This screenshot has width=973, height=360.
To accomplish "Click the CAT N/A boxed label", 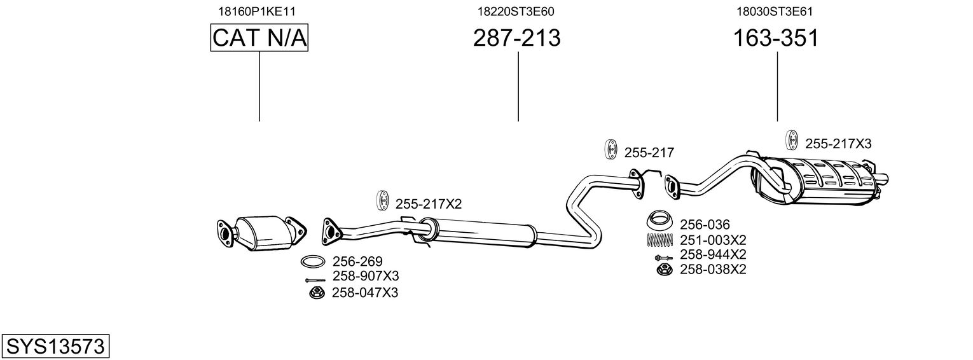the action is click(x=259, y=38).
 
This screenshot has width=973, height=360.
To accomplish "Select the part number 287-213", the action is click(x=517, y=38).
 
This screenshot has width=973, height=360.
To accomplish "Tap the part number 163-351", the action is click(x=776, y=38).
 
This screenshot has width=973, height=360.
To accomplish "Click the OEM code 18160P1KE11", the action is click(x=257, y=11).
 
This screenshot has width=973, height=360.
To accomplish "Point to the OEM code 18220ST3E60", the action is click(x=516, y=11).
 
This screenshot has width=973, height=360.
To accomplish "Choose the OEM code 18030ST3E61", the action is click(x=775, y=11).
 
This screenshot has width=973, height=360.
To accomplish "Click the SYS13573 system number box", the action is click(x=55, y=346).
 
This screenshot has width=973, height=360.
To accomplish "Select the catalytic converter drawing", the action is click(x=262, y=233).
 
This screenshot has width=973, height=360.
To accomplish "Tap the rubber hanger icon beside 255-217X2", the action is click(x=382, y=200).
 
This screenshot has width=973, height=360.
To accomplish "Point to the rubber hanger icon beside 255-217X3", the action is click(x=792, y=141).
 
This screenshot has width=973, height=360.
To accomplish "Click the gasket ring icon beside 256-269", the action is click(x=313, y=262).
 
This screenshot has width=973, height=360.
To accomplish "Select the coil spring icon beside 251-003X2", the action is click(x=660, y=240).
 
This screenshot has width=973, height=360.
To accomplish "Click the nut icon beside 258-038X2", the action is click(x=665, y=270).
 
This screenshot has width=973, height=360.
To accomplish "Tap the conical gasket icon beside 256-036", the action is click(x=660, y=220).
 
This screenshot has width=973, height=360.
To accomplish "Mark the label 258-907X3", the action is click(x=366, y=276).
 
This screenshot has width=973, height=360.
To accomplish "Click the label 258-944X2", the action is click(x=713, y=254).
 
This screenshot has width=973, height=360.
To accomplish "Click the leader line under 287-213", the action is click(x=518, y=87).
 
